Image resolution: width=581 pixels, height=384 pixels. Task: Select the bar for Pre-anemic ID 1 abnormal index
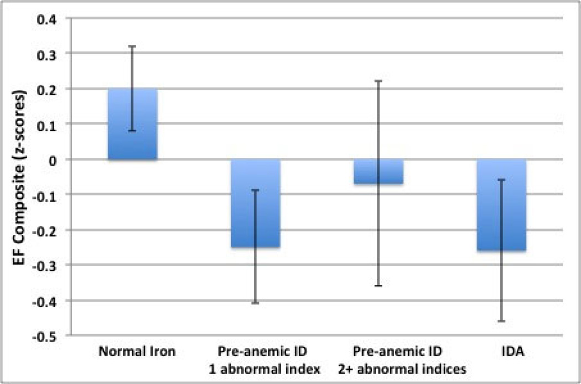255,222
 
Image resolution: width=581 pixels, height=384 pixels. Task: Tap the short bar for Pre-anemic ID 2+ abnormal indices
378,171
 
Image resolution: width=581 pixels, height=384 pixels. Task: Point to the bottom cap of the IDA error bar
501,321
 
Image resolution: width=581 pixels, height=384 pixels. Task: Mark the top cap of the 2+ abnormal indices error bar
378,81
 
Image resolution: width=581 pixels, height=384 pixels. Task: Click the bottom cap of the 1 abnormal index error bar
255,303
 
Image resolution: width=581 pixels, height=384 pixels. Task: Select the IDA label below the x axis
501,351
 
